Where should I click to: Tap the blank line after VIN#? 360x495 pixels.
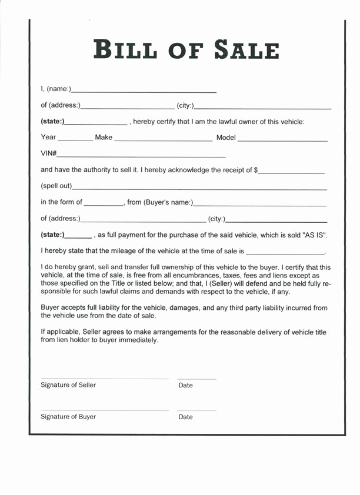141,156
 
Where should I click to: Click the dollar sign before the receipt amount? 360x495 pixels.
256,170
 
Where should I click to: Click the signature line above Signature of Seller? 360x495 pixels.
105,378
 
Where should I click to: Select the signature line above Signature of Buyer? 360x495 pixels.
105,410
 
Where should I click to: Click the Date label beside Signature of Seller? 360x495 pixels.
185,386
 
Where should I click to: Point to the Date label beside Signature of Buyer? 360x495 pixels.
185,417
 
